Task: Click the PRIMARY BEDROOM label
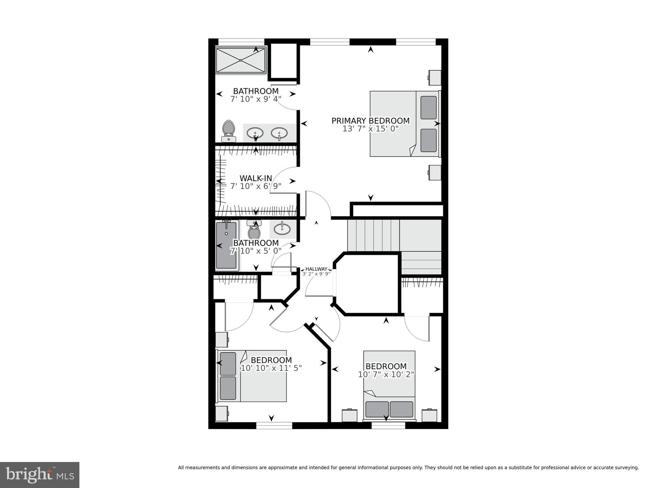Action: coord(370,121)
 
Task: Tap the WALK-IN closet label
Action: coord(256,178)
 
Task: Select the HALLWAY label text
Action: coord(316,269)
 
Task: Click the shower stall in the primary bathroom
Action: coord(241,60)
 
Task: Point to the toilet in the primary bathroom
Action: coord(229,131)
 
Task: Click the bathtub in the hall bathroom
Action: coord(227,245)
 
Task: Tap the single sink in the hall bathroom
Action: coord(282,229)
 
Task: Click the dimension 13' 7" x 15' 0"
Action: coord(370,129)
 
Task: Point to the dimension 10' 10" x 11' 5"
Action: coord(271,368)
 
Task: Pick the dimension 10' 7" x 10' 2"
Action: coord(386,374)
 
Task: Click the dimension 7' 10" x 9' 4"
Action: coord(256,99)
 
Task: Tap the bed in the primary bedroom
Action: coord(404,124)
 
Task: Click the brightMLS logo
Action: coord(40,475)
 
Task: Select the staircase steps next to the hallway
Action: coord(373,235)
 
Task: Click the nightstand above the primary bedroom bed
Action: coord(435,77)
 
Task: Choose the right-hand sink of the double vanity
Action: coord(279,133)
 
